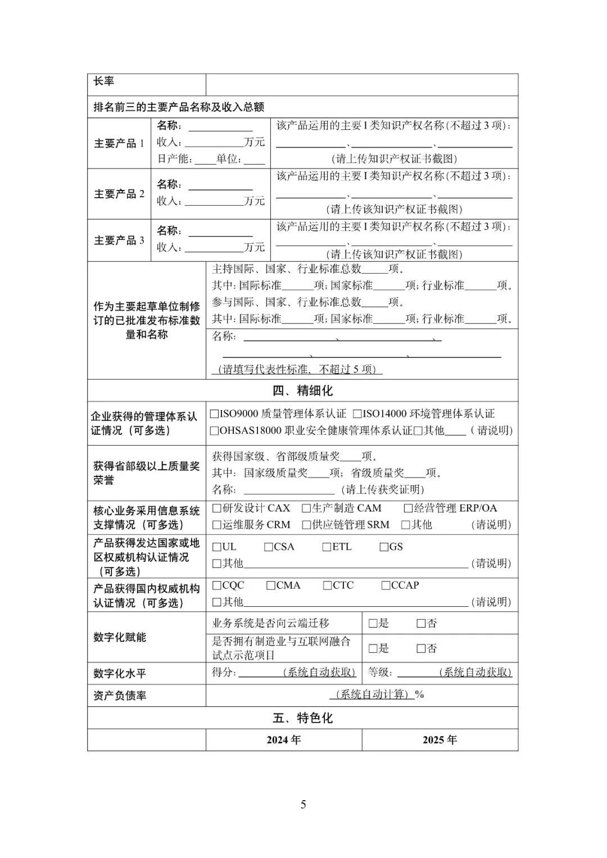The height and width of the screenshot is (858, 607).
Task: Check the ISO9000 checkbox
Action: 214,414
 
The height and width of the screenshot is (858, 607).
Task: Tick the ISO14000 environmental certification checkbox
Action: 357,414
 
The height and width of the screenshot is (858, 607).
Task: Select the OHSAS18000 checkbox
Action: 214,431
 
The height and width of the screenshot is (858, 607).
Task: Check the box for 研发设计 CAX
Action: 217,509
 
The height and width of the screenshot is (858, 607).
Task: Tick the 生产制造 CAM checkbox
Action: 306,509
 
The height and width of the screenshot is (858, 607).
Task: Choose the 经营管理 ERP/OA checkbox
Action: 408,509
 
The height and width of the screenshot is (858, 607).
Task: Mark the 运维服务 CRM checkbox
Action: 217,525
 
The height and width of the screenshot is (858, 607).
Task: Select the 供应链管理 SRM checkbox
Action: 306,525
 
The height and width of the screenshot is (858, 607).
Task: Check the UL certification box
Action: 217,547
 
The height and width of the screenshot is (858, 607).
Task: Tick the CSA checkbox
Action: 269,547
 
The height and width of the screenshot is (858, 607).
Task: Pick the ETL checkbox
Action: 327,547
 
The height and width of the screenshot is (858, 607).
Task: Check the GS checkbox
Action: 384,547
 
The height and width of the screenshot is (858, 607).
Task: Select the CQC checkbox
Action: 217,585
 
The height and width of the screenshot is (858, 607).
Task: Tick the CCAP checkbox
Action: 386,585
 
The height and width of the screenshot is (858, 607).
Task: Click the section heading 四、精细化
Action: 302,391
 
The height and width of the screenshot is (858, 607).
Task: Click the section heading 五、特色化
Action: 302,718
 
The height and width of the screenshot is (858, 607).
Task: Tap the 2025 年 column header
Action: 440,740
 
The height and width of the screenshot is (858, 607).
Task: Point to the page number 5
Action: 303,805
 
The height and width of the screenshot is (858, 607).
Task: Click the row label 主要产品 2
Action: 119,194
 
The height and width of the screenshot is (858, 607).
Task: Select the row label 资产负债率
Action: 120,696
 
